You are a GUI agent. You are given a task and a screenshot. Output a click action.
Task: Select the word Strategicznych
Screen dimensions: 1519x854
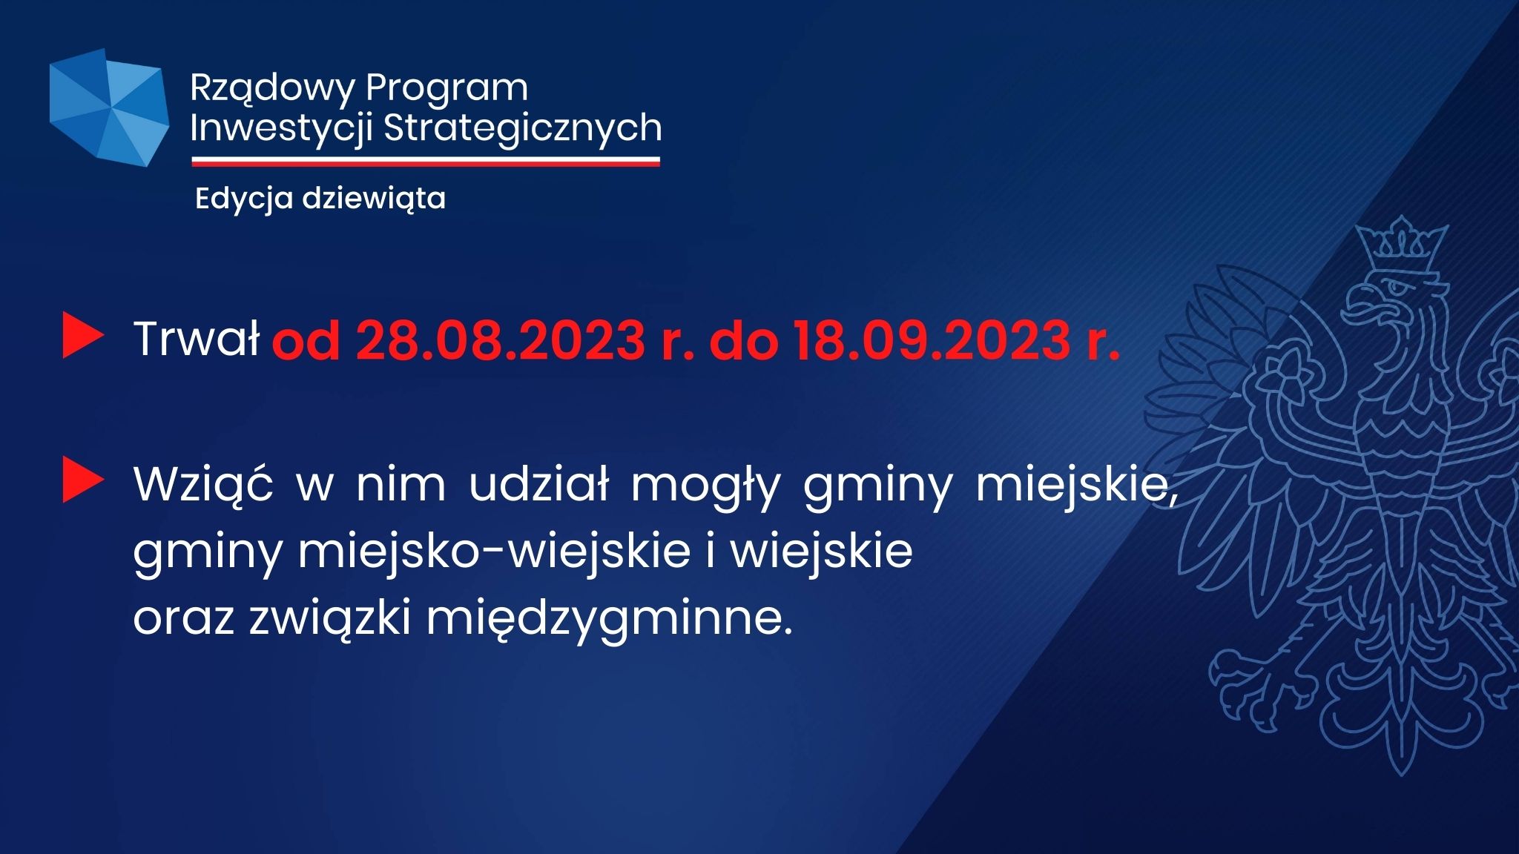point(523,128)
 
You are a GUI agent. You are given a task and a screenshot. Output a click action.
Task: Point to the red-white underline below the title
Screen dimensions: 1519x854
point(426,161)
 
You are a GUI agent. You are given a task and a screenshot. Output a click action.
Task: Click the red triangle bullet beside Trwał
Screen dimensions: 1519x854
point(83,336)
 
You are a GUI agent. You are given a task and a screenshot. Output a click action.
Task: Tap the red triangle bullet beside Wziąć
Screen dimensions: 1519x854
point(83,480)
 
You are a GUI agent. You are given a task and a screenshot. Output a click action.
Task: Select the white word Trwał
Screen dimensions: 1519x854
point(197,340)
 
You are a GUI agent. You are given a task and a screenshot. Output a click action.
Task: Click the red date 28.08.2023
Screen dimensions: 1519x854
point(501,341)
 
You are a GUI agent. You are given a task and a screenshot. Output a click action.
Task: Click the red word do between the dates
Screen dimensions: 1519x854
point(744,340)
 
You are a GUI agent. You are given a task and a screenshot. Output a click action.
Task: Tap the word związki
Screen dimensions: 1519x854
point(330,619)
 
